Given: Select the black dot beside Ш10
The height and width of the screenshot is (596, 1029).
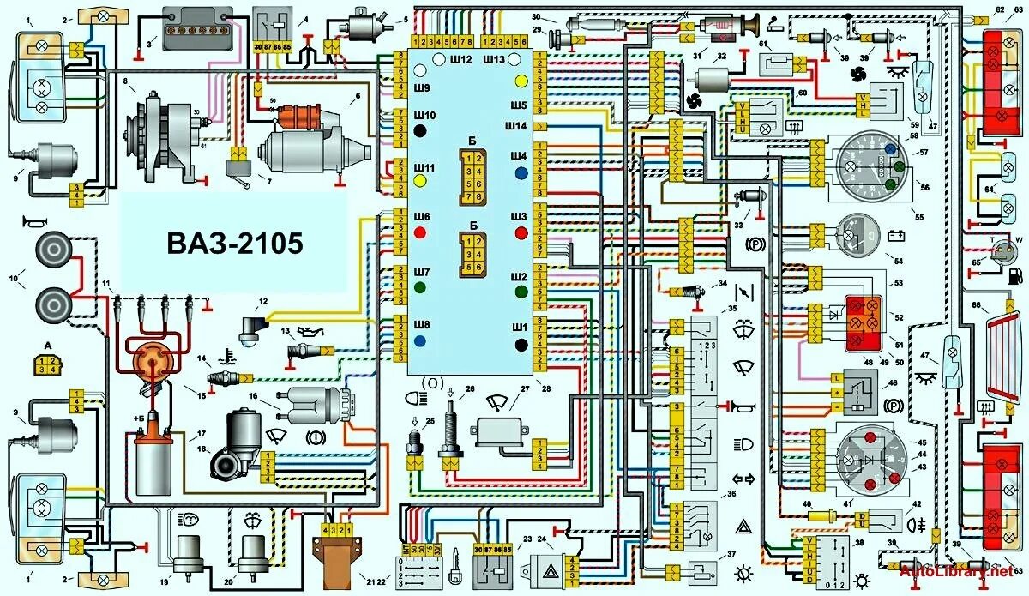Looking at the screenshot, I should [420, 131].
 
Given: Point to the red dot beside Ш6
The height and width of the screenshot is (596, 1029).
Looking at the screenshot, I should [420, 232].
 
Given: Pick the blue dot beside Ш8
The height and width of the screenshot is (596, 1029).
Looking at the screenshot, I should [420, 340].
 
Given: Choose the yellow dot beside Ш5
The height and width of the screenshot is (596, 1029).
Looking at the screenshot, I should [521, 81].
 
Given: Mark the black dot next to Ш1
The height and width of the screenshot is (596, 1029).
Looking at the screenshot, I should [521, 344].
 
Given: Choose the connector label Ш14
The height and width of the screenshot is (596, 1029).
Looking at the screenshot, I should [515, 126].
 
